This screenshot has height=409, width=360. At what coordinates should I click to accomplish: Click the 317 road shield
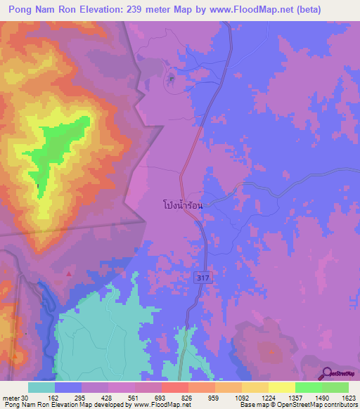(x=202, y=279)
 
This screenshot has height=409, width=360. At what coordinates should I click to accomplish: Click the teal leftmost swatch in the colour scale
(x=41, y=387)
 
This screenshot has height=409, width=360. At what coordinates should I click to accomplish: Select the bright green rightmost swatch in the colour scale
(x=335, y=387)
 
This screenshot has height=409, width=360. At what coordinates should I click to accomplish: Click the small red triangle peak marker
(x=69, y=272)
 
